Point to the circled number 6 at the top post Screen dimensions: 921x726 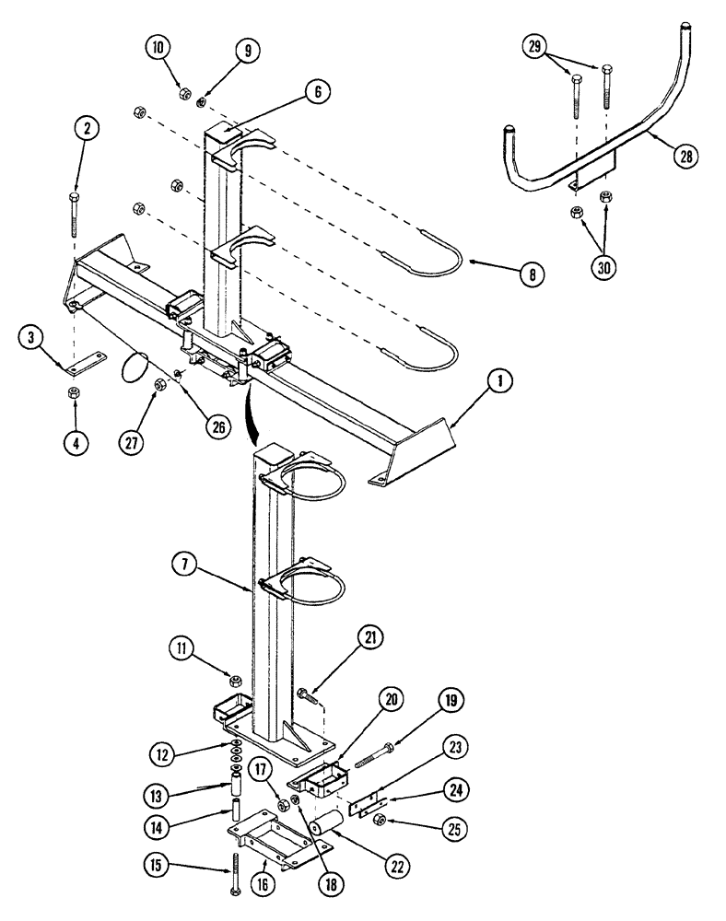pos(316,91)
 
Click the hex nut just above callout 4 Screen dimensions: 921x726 pos(74,392)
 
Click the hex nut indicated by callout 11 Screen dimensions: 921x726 pos(236,681)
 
